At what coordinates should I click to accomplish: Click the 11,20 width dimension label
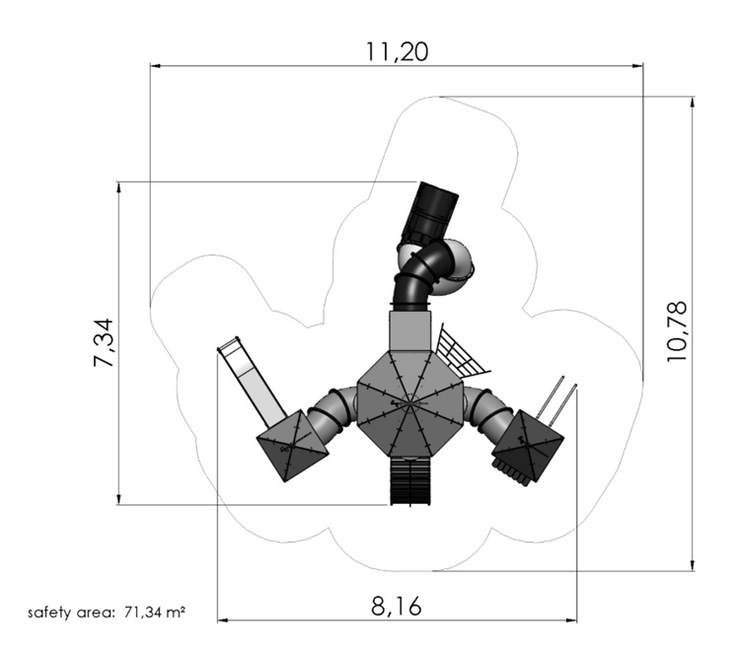pos(398,51)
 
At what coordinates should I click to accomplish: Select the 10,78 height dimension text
pos(676,331)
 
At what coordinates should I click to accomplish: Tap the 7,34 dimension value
pos(104,342)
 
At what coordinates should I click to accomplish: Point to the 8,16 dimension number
pos(396,606)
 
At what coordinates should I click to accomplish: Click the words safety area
pos(71,613)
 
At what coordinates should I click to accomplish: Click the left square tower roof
pos(292,446)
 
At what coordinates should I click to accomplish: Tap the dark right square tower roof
pos(528,445)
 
